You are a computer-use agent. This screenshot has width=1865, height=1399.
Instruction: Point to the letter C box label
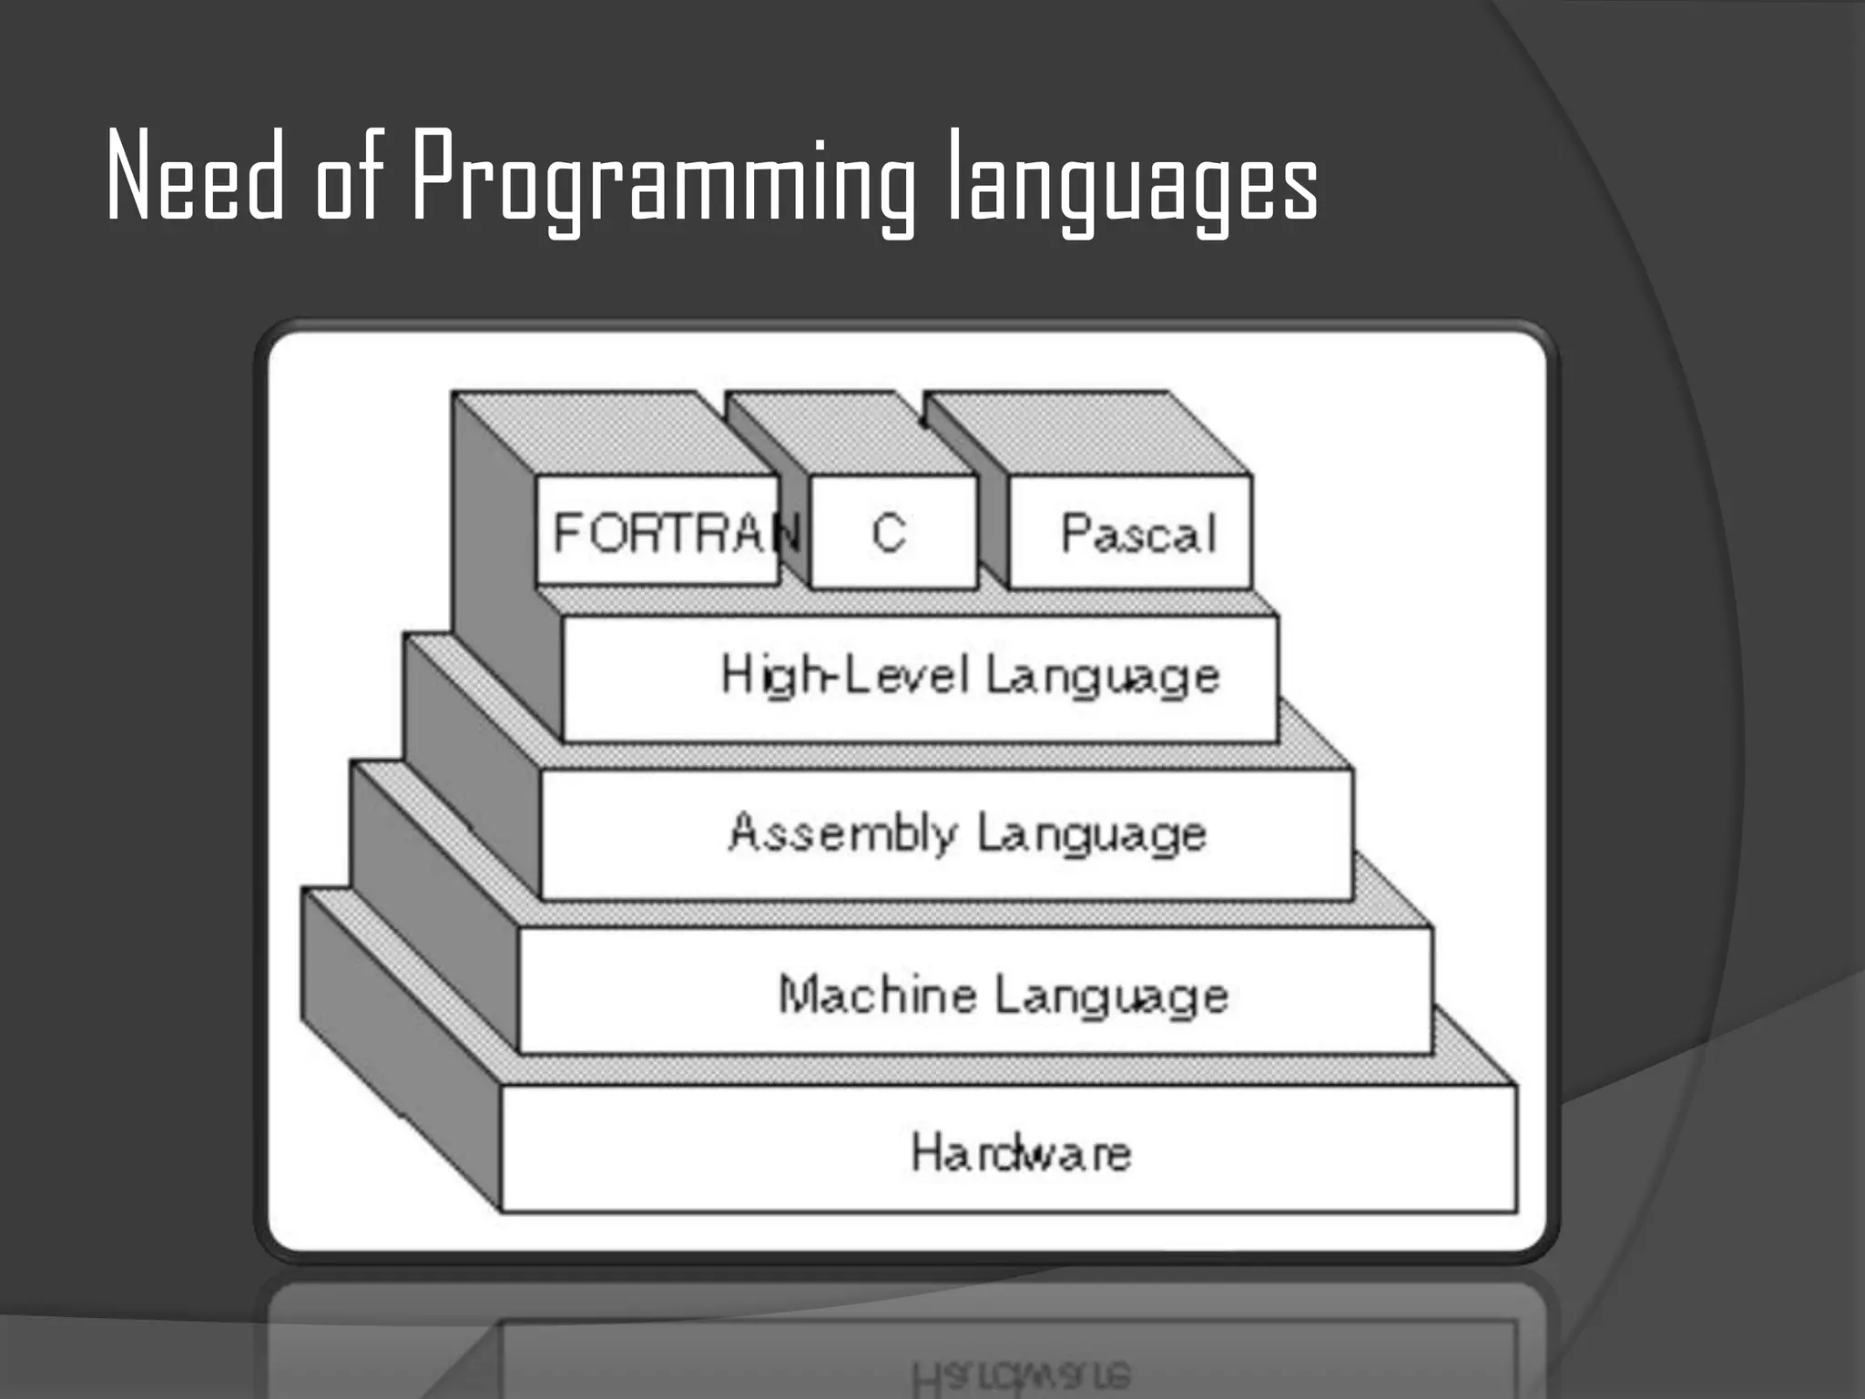[x=889, y=532]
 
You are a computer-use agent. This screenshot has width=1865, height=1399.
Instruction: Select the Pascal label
[x=1138, y=534]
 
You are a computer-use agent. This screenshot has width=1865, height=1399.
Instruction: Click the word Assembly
[x=843, y=832]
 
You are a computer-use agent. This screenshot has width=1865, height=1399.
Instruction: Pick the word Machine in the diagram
[x=878, y=993]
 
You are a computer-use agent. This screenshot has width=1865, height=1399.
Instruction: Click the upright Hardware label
[x=1021, y=1153]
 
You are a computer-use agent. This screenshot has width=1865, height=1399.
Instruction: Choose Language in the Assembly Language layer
[x=1093, y=834]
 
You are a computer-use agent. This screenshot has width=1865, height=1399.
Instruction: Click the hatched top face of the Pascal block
[x=1084, y=433]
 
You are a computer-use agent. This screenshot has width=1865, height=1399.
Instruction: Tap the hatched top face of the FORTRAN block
[x=619, y=433]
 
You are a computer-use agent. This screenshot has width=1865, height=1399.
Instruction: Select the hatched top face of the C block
[x=847, y=433]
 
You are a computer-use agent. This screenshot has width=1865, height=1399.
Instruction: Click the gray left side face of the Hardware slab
[x=401, y=1047]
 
